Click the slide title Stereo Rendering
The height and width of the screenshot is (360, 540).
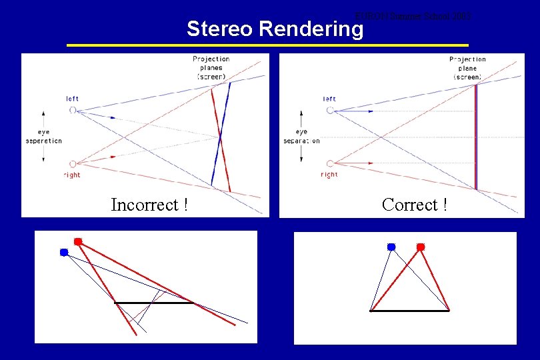(x=275, y=29)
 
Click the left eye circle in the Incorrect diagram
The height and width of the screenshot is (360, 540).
(x=73, y=110)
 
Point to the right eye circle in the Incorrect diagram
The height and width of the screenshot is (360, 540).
(x=73, y=163)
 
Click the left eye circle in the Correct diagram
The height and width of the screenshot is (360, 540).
(x=330, y=110)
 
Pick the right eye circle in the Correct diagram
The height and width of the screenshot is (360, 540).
(x=330, y=163)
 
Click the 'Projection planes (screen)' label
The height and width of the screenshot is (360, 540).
(x=211, y=68)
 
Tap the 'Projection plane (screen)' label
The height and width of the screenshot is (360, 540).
(x=467, y=68)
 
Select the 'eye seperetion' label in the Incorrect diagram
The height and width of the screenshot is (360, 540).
(x=43, y=137)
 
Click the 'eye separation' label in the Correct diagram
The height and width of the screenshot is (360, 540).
(x=302, y=137)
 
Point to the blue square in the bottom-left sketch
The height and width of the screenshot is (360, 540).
(x=64, y=252)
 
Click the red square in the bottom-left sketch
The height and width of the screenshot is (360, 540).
(x=78, y=241)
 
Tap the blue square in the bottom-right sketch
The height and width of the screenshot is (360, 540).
(x=391, y=247)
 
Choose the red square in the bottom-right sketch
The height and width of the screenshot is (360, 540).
(x=421, y=247)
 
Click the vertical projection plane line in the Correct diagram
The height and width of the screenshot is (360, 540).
(x=475, y=137)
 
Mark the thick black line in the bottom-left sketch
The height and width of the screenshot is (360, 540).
(x=154, y=303)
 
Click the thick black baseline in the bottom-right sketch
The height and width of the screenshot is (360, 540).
(x=409, y=311)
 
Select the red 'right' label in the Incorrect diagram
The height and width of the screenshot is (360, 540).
(x=71, y=175)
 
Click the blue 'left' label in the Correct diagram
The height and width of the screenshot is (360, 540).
(x=329, y=99)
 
